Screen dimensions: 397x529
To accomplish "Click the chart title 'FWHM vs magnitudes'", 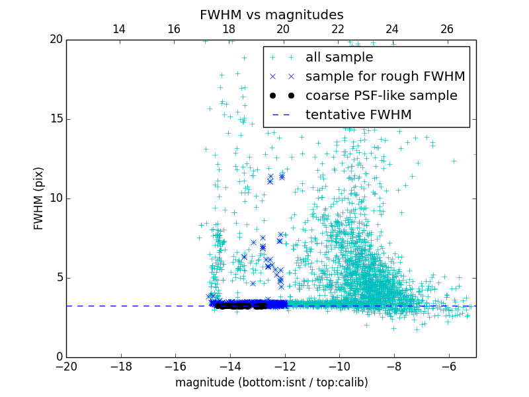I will tap(271, 15).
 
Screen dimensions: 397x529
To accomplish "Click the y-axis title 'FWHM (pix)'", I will tap(39, 198).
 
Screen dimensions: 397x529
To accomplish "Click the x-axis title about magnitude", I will tap(271, 382).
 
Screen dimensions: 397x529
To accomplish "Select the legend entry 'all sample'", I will tap(339, 58).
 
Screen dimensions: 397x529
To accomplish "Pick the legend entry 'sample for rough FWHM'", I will tap(385, 77).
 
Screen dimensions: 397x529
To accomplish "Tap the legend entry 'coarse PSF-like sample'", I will tap(381, 96).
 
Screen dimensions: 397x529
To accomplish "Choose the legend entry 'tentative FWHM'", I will tap(358, 115).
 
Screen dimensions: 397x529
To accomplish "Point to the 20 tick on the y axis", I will tap(55, 40).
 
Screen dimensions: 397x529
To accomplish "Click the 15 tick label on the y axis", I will tap(55, 119).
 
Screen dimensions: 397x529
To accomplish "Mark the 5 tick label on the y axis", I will tap(58, 278).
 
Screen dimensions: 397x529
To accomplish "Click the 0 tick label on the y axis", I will tap(58, 357).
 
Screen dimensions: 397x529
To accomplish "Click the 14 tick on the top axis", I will tap(119, 29).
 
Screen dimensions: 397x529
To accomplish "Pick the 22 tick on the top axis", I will tap(338, 29).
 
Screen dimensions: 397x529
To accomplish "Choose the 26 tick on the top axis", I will tap(447, 29).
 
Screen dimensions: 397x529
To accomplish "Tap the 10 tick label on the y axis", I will tap(55, 198).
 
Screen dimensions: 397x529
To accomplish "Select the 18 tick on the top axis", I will tap(229, 29).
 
